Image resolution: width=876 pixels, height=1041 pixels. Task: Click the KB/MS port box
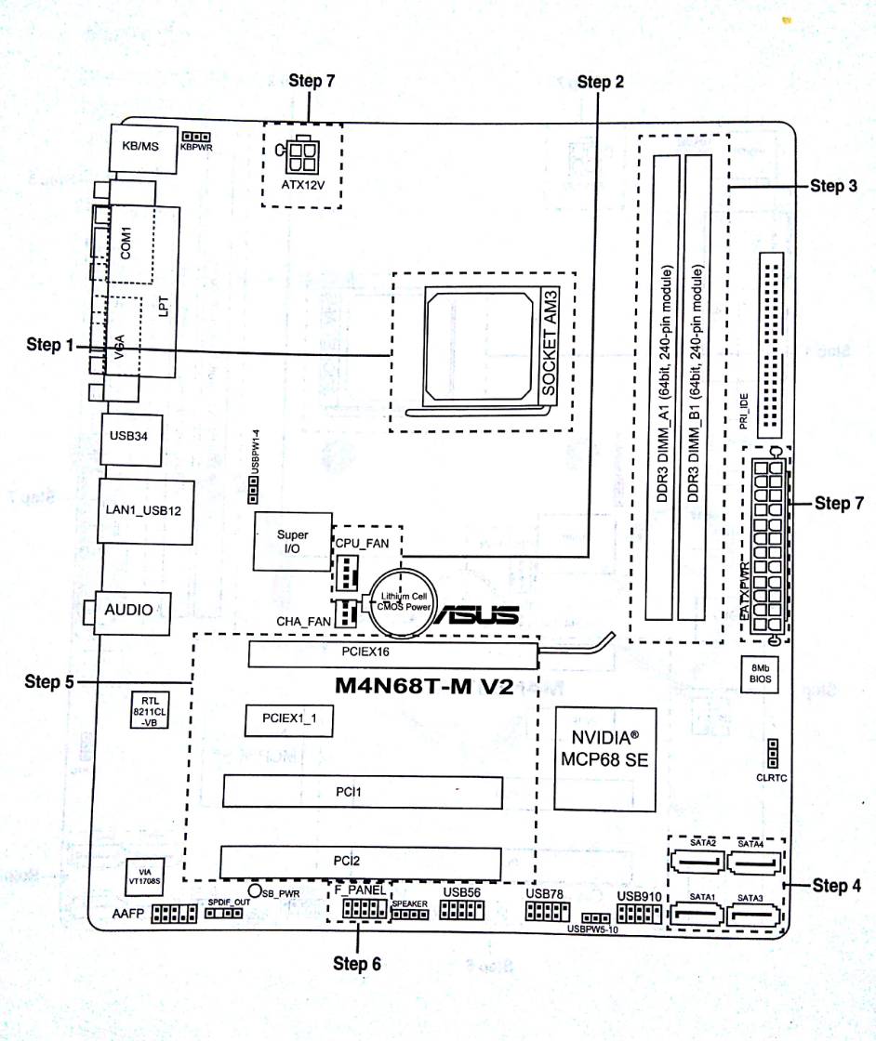tap(138, 146)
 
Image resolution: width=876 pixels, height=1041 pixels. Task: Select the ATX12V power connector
tap(300, 161)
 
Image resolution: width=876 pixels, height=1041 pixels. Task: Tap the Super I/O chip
tap(292, 542)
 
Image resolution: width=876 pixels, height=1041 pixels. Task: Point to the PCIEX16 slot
tap(392, 653)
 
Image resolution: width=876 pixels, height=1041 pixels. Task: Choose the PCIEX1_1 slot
tap(288, 719)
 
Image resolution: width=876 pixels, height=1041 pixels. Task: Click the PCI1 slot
tap(361, 793)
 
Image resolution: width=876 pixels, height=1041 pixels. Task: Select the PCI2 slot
tap(361, 860)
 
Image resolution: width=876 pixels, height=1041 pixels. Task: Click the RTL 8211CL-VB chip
tap(150, 709)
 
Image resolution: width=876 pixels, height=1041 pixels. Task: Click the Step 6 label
tap(357, 964)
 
